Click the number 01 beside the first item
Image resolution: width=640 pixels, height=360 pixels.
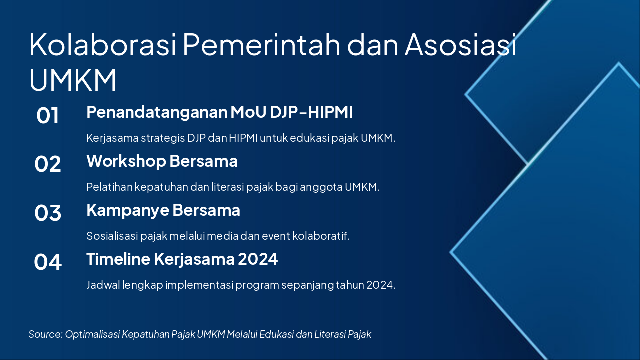(47, 115)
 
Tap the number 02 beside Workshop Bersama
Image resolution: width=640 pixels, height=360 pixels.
(47, 164)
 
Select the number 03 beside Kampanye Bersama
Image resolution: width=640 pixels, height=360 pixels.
(47, 213)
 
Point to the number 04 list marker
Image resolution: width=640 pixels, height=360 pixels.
(47, 262)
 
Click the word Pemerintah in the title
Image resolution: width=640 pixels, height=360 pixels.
(261, 45)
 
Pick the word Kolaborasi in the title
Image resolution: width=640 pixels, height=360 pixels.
(103, 45)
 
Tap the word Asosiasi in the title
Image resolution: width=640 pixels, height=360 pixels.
(461, 45)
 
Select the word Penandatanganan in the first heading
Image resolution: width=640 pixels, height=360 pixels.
(157, 112)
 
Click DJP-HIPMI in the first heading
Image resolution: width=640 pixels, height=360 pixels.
(311, 112)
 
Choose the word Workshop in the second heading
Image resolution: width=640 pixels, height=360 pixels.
(126, 161)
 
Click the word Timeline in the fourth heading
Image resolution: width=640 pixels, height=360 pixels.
(118, 259)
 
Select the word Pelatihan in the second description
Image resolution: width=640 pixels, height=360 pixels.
(109, 187)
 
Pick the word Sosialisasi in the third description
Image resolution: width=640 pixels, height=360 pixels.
(112, 236)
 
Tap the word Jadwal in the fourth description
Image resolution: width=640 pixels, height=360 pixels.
(103, 285)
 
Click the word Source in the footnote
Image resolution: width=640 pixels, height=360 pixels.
(45, 334)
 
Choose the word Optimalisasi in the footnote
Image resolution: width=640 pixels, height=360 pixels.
(92, 334)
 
